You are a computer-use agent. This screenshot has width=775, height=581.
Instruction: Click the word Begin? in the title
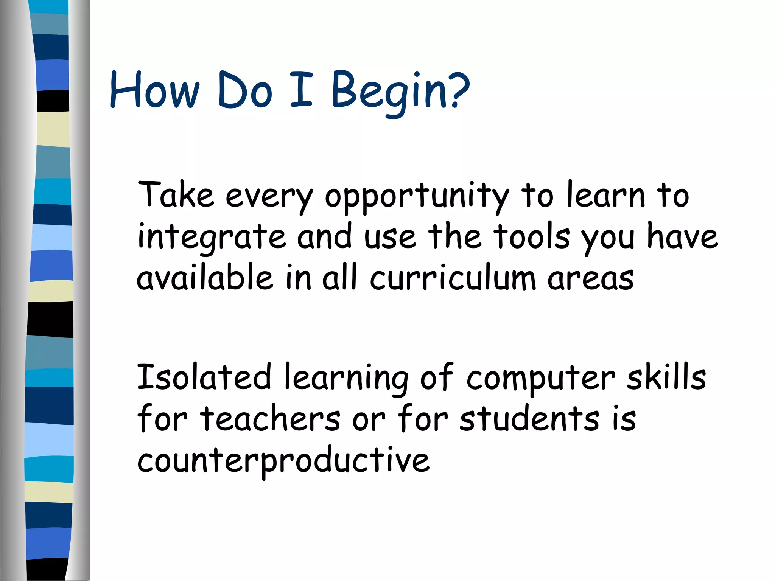(x=400, y=91)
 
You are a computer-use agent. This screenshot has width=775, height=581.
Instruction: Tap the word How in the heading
(x=154, y=91)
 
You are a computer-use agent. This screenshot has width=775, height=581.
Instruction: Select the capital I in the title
(x=301, y=89)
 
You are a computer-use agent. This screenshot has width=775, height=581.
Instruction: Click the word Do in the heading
(x=245, y=91)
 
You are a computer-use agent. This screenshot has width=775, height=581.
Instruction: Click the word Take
(x=176, y=195)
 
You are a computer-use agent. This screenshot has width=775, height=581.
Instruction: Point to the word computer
(x=541, y=379)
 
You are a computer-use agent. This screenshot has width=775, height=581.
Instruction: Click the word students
(x=529, y=419)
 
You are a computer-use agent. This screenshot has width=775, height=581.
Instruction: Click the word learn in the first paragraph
(x=605, y=195)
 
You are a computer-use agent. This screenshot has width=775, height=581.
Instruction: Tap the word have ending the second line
(x=682, y=236)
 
